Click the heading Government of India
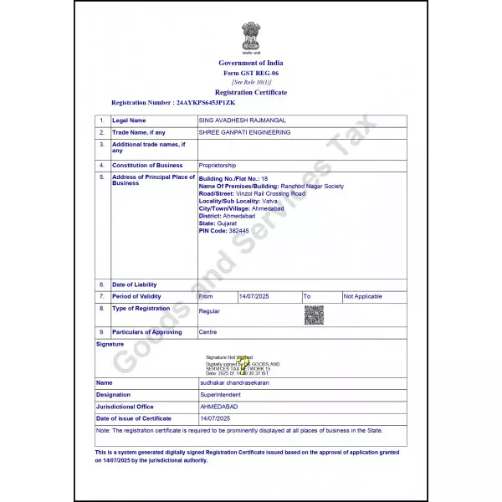tap(251, 63)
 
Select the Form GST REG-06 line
tap(251, 73)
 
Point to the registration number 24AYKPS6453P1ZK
tap(206, 102)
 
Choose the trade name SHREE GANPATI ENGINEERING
tap(244, 132)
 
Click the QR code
tap(314, 315)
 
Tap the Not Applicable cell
tap(363, 296)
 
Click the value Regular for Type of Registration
tap(209, 311)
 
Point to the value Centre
tap(208, 332)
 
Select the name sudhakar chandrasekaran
tap(234, 382)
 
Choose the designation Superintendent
tap(222, 394)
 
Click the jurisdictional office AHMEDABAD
tap(220, 407)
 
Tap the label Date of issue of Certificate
tap(134, 418)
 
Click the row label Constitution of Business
tap(147, 166)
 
